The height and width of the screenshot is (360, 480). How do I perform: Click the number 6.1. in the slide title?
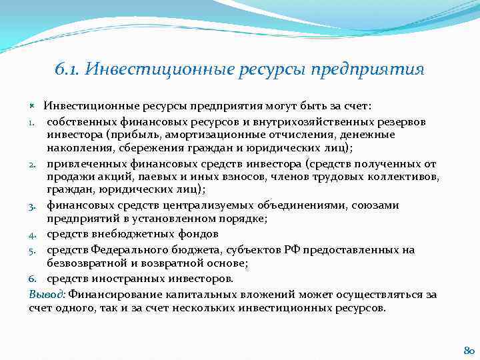click(x=68, y=70)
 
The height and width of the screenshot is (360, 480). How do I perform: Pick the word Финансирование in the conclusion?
click(x=109, y=294)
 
